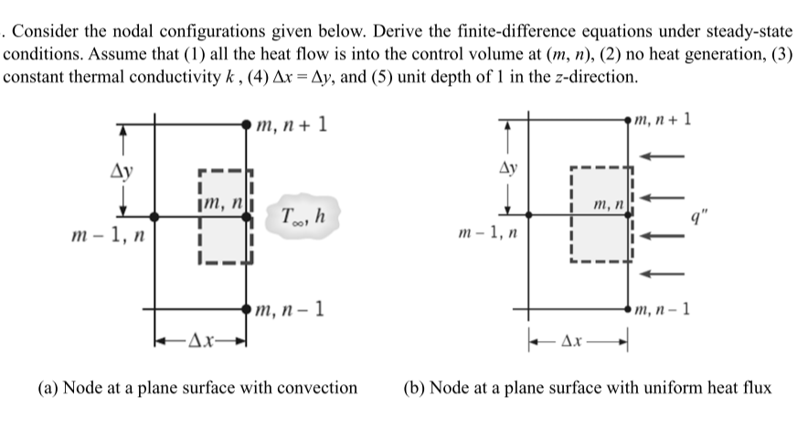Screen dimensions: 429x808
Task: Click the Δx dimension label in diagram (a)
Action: (x=203, y=344)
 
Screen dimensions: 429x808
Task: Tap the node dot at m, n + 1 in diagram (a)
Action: (x=248, y=122)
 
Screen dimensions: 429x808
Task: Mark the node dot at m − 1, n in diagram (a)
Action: (x=155, y=216)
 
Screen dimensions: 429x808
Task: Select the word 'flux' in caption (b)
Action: (x=754, y=387)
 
